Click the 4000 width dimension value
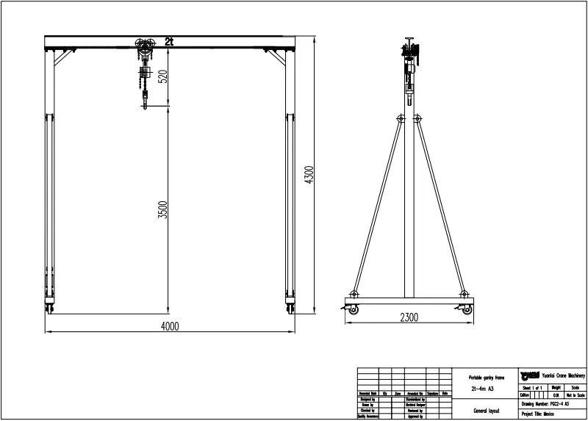(170, 326)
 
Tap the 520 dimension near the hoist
(163, 76)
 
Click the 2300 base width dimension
(409, 318)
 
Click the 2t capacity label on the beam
(170, 41)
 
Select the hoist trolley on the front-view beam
(143, 48)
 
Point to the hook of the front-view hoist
(145, 105)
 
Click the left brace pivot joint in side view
(400, 118)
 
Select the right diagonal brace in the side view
(440, 206)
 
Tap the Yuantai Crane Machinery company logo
(528, 375)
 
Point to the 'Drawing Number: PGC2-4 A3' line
(545, 404)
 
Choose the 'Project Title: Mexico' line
(539, 414)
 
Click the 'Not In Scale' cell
(574, 395)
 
